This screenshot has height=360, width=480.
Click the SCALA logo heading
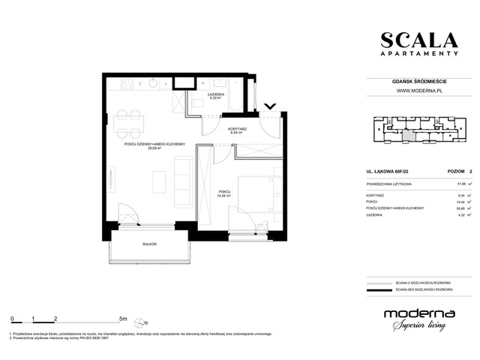417,40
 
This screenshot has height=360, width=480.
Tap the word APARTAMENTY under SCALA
417,54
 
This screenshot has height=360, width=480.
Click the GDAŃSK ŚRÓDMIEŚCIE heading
417,81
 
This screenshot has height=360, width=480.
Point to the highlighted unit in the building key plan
408,136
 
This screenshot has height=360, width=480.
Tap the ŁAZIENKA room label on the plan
217,94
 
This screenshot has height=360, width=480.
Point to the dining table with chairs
130,118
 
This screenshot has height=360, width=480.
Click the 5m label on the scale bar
124,318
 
